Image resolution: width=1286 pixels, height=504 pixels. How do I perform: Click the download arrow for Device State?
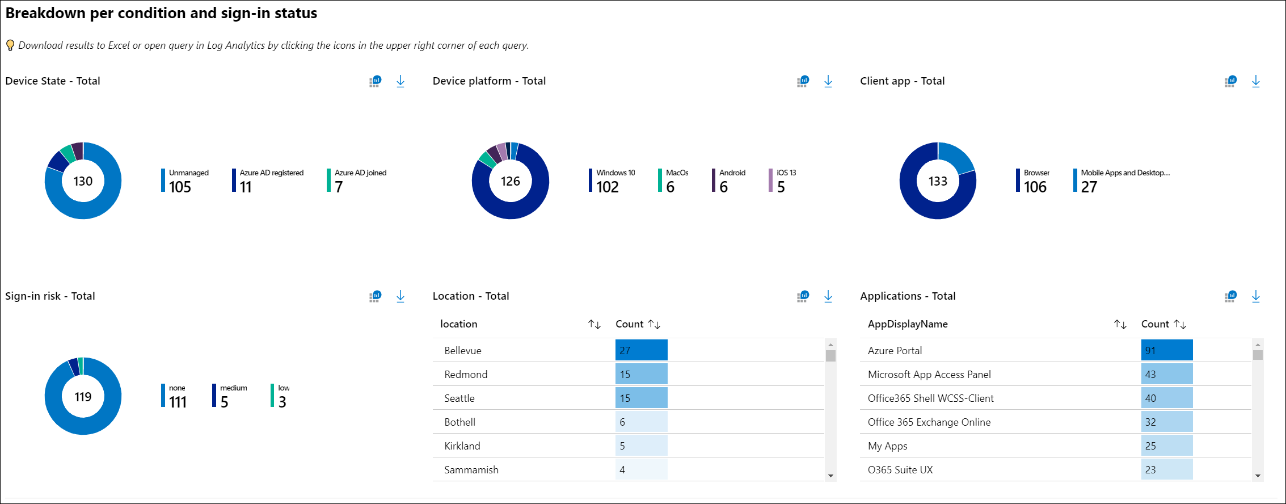coord(400,81)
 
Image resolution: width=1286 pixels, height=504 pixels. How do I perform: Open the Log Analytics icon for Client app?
coord(1230,81)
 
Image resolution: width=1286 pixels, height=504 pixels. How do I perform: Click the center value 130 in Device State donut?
coord(83,181)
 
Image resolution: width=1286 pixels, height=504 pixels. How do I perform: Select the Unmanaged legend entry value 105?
coord(180,187)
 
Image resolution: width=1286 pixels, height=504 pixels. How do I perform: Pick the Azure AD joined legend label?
coord(360,173)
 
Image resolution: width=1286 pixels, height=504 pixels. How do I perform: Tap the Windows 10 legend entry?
coord(615,173)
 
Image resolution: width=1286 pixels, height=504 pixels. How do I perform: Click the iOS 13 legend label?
coord(786,173)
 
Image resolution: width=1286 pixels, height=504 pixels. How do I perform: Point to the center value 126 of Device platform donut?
coord(510,181)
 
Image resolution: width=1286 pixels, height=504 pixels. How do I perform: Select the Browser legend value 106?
coord(1035,187)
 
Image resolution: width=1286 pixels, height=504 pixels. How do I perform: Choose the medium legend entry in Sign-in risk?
coord(233,388)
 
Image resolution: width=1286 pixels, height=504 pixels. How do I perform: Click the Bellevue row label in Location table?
coord(463,351)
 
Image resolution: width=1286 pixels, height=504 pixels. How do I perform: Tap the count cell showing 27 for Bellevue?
coord(641,350)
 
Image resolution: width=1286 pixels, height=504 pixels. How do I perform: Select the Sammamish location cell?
coord(471,470)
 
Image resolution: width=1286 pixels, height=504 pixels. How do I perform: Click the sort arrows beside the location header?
coord(594,324)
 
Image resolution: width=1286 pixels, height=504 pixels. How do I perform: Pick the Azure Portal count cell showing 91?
coord(1166,350)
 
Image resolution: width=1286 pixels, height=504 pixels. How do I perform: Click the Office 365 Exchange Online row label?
coord(929,422)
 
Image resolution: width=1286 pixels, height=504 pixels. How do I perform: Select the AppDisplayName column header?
coord(908,324)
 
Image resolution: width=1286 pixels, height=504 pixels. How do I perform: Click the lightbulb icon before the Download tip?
coord(10,45)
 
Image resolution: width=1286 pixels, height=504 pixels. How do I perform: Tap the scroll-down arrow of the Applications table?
coord(1258,476)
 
